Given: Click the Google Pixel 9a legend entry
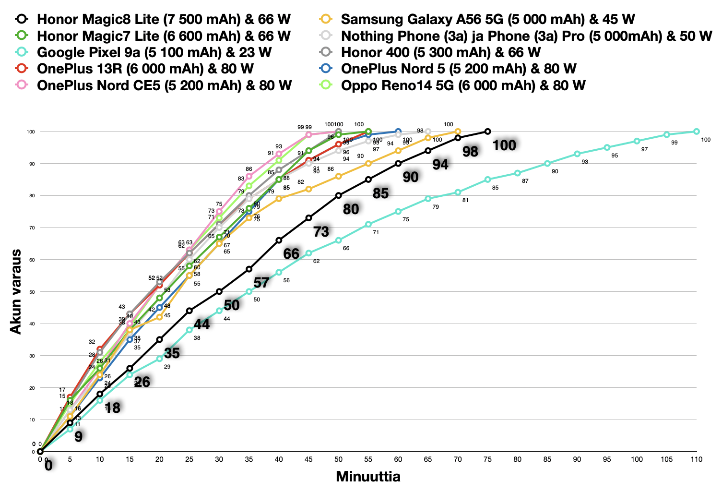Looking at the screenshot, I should tap(154, 52).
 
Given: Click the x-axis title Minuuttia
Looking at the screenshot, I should tap(368, 477).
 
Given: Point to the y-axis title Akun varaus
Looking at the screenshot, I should tap(16, 291).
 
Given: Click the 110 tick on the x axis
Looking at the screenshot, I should tap(696, 459).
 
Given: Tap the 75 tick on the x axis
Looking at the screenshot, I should tap(487, 459).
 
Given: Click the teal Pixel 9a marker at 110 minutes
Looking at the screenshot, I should tap(696, 132).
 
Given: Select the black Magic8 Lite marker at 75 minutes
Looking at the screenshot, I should tap(487, 132).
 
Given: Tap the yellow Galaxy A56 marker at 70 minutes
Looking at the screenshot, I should tap(458, 132).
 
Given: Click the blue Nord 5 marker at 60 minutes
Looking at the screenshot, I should tap(398, 132).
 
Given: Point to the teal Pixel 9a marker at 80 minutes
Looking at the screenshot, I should tap(517, 173).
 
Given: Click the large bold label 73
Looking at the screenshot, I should tap(321, 232).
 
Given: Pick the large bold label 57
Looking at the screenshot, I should tap(261, 283).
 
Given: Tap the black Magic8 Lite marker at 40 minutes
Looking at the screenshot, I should tap(279, 240).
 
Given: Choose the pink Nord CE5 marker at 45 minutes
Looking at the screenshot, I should tap(308, 135).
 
